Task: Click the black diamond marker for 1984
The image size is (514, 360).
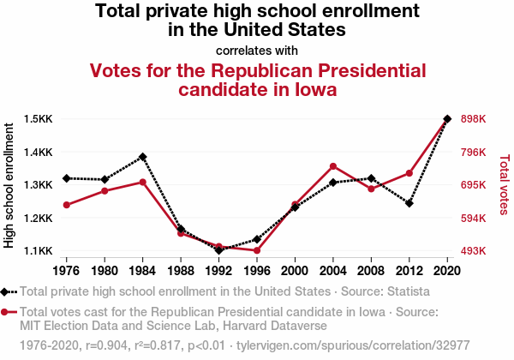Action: click(142, 157)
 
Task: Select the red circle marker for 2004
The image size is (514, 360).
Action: click(333, 166)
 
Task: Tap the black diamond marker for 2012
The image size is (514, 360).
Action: click(409, 203)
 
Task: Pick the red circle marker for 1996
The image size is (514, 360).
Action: click(257, 250)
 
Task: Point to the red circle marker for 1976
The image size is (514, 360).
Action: click(67, 205)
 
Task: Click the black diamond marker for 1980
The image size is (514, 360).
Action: click(105, 179)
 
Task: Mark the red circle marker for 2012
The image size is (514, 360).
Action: click(409, 173)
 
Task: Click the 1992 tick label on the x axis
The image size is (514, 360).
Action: click(218, 271)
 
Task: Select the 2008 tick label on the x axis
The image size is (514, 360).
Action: click(371, 271)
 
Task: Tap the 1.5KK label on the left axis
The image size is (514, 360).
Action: click(38, 118)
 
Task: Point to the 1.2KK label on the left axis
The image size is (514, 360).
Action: click(38, 218)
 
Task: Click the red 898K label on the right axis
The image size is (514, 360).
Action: click(474, 118)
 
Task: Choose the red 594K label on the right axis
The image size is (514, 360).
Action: click(474, 218)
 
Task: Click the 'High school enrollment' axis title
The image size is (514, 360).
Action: click(9, 185)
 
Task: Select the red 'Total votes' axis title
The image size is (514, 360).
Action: click(504, 185)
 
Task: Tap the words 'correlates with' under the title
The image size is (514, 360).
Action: click(257, 51)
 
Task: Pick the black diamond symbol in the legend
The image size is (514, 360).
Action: click(4, 291)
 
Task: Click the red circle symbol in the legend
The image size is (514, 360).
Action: click(4, 312)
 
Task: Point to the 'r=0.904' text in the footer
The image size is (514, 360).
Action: click(106, 345)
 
